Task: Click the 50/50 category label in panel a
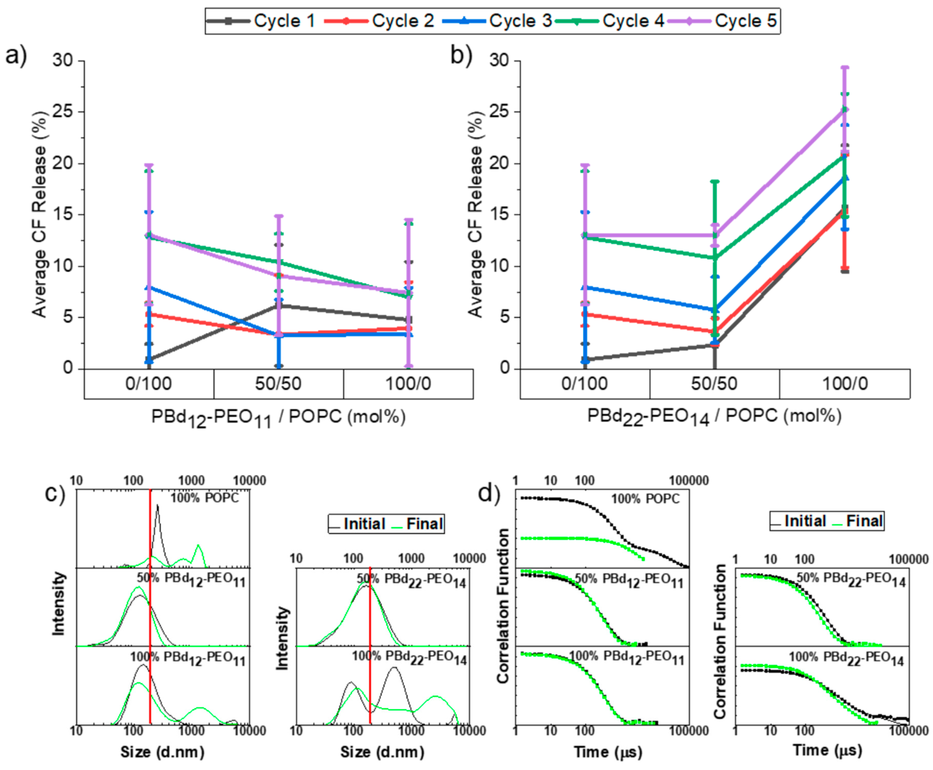(x=278, y=384)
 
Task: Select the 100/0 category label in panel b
(x=845, y=384)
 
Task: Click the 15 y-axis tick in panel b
(x=500, y=215)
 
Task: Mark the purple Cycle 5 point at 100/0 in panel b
(x=845, y=110)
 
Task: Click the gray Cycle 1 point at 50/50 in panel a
(x=278, y=306)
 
